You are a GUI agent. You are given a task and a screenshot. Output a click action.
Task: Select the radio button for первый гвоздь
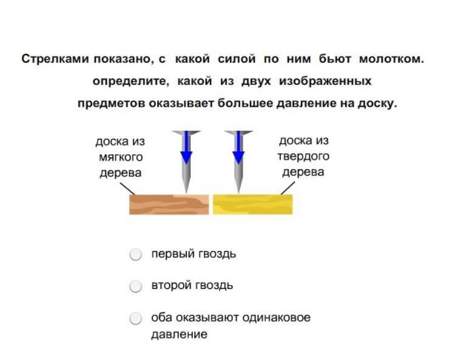pyautogui.click(x=136, y=254)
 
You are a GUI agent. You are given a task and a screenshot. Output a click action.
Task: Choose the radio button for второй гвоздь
pyautogui.click(x=136, y=286)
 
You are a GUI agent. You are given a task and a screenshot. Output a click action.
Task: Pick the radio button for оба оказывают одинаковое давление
pyautogui.click(x=136, y=318)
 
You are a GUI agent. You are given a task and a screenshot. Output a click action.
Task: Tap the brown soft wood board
pyautogui.click(x=169, y=204)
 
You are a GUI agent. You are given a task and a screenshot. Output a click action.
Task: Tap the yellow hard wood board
pyautogui.click(x=252, y=204)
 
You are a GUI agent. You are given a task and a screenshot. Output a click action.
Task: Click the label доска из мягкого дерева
pyautogui.click(x=120, y=157)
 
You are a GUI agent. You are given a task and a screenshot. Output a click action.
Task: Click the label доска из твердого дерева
pyautogui.click(x=304, y=156)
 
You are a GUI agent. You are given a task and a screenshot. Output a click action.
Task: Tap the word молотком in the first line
pyautogui.click(x=391, y=59)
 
